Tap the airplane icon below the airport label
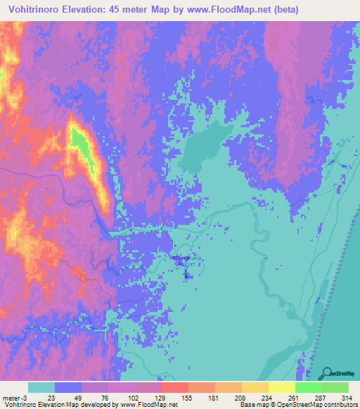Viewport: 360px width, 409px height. point(187,273)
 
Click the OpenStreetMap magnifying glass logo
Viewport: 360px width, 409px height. point(328,372)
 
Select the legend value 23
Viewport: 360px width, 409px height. point(51,398)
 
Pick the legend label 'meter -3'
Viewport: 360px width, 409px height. point(13,398)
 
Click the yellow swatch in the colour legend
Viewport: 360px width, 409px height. point(281,388)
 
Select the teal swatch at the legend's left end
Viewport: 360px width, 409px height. point(41,388)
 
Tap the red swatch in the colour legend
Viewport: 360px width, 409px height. point(174,388)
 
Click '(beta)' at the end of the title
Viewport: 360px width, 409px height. point(281,10)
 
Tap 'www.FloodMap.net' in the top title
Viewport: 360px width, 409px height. point(219,10)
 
